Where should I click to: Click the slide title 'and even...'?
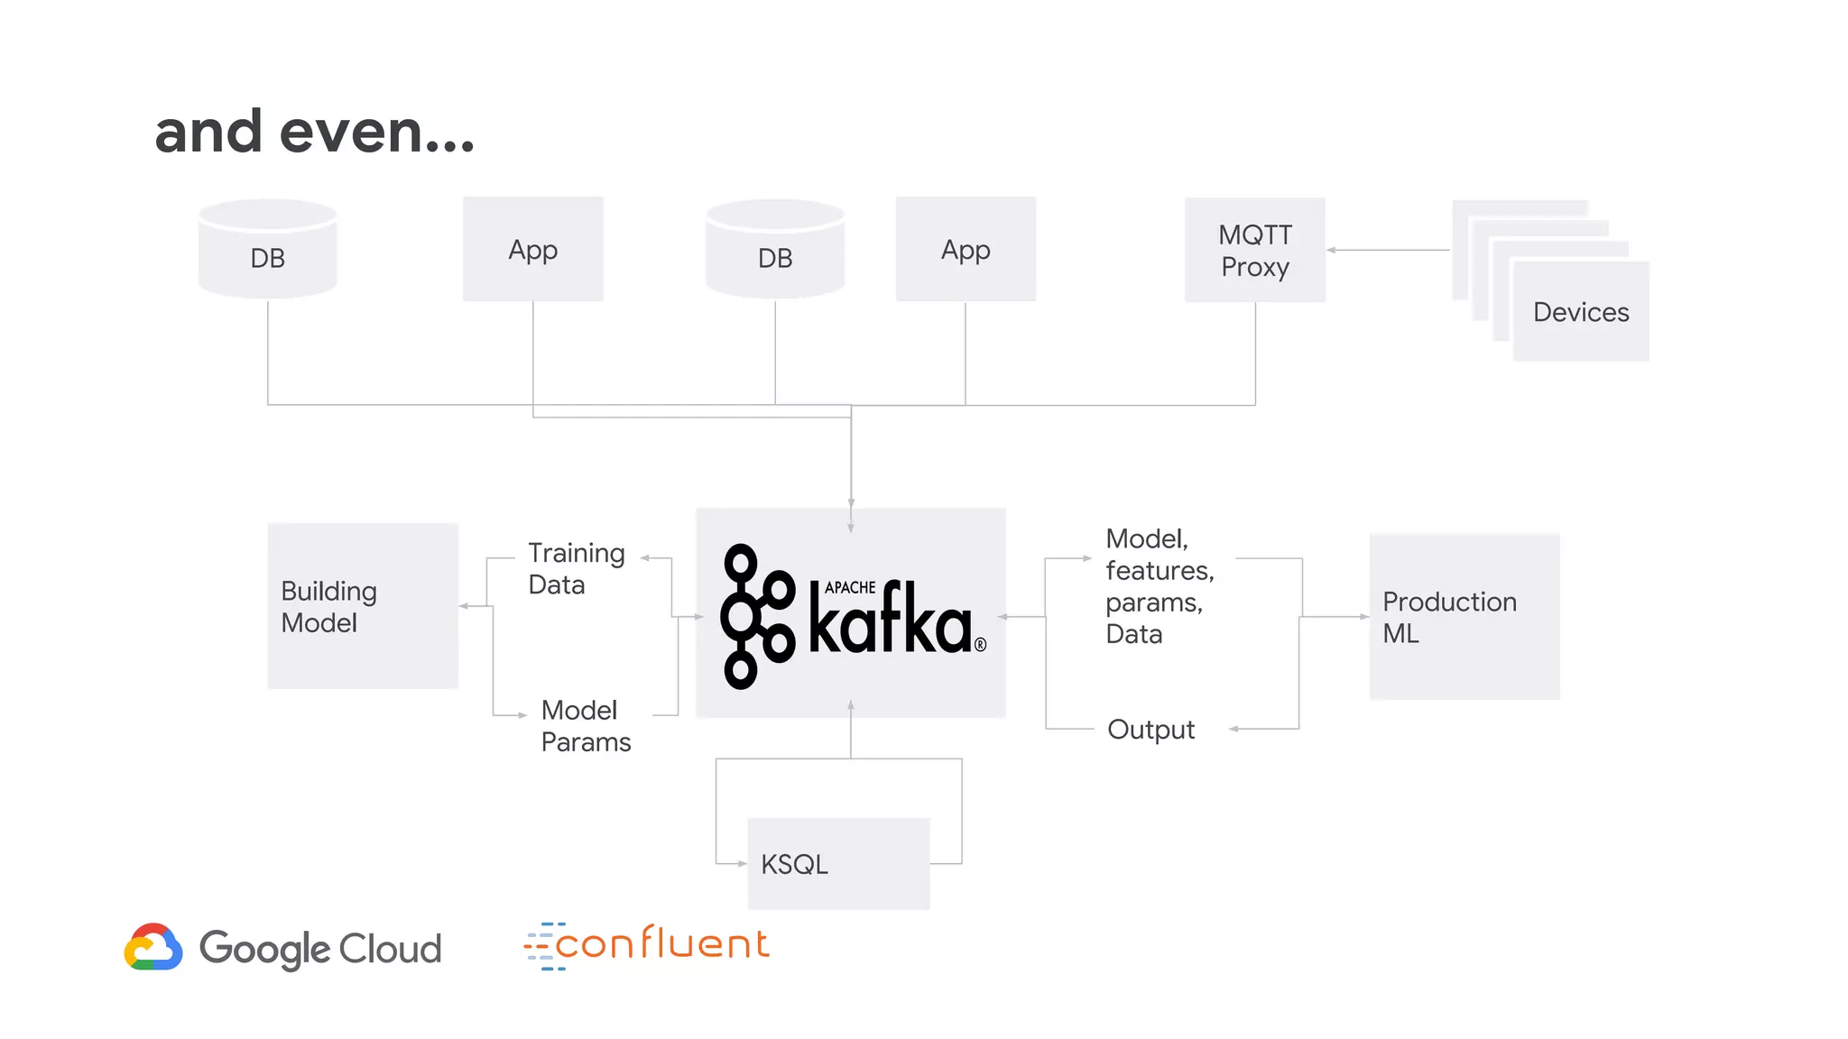click(x=314, y=133)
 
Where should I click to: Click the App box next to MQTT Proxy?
click(x=966, y=249)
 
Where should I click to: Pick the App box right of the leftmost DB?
click(x=532, y=249)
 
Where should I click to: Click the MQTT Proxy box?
click(x=1254, y=250)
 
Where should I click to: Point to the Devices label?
click(x=1581, y=312)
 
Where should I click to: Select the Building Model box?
click(x=363, y=606)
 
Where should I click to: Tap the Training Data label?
click(x=576, y=568)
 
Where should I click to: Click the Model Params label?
click(x=585, y=726)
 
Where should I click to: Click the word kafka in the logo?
click(x=890, y=621)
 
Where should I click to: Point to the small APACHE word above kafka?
click(x=850, y=587)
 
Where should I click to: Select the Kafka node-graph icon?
click(x=756, y=617)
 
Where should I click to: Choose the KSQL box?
click(x=838, y=863)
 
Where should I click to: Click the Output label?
click(x=1150, y=729)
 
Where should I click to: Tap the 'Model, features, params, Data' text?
click(x=1159, y=586)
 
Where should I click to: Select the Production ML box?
click(x=1464, y=617)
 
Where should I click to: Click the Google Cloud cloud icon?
click(x=153, y=947)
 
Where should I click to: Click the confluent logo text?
click(x=661, y=944)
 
